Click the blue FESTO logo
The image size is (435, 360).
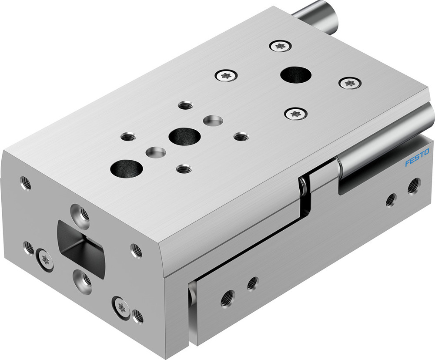click(x=417, y=158)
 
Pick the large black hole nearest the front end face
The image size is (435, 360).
click(x=127, y=167)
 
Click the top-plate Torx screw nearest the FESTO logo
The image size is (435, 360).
click(x=350, y=82)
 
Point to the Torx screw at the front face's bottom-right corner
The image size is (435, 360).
click(x=121, y=307)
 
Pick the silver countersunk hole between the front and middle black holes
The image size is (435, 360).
click(x=155, y=153)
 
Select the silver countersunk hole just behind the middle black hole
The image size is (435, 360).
click(x=213, y=120)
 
